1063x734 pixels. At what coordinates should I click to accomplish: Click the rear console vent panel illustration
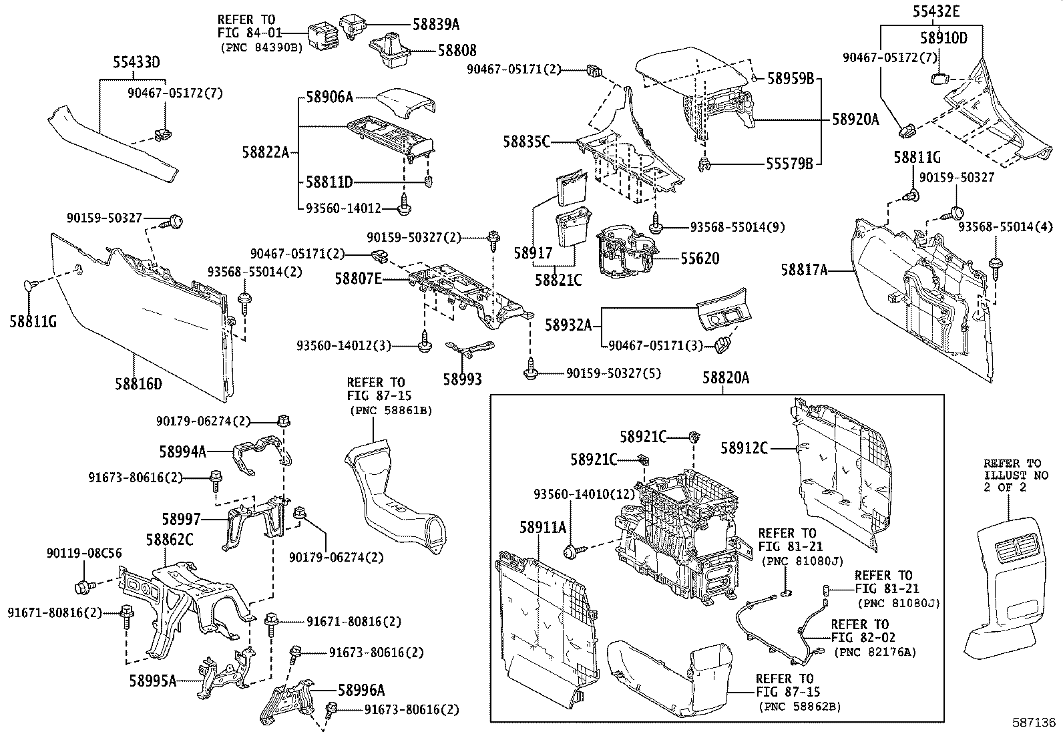1006,588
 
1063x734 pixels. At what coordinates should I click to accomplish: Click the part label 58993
462,379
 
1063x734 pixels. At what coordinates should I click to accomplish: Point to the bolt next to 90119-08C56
84,587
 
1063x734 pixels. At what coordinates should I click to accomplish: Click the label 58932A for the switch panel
568,325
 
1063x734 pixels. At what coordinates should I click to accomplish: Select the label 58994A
182,451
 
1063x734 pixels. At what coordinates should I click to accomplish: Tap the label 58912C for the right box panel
744,448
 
